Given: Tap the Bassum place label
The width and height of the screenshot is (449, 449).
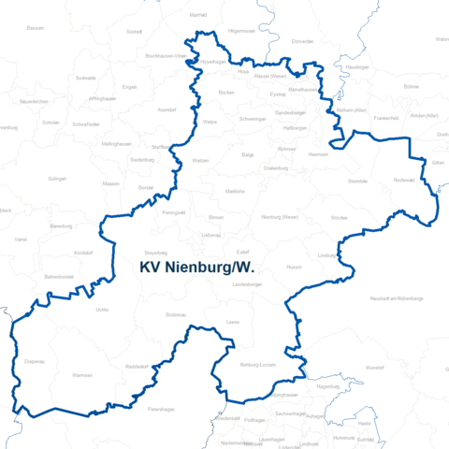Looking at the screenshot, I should [x=36, y=29].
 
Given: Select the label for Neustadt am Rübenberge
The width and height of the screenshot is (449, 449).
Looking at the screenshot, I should [x=398, y=297].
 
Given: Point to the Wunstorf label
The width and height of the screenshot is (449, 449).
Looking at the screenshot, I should [x=375, y=369].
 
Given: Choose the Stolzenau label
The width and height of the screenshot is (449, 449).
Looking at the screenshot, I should [x=176, y=315].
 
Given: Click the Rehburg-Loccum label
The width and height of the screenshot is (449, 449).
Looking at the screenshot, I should [x=257, y=364].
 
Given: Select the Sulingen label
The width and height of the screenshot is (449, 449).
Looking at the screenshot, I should [x=57, y=178].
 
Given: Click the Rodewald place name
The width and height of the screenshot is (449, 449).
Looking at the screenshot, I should [x=404, y=180].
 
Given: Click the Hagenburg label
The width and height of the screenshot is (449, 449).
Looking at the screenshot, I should [x=328, y=386].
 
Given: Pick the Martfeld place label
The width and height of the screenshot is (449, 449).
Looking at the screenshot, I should [x=197, y=16].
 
